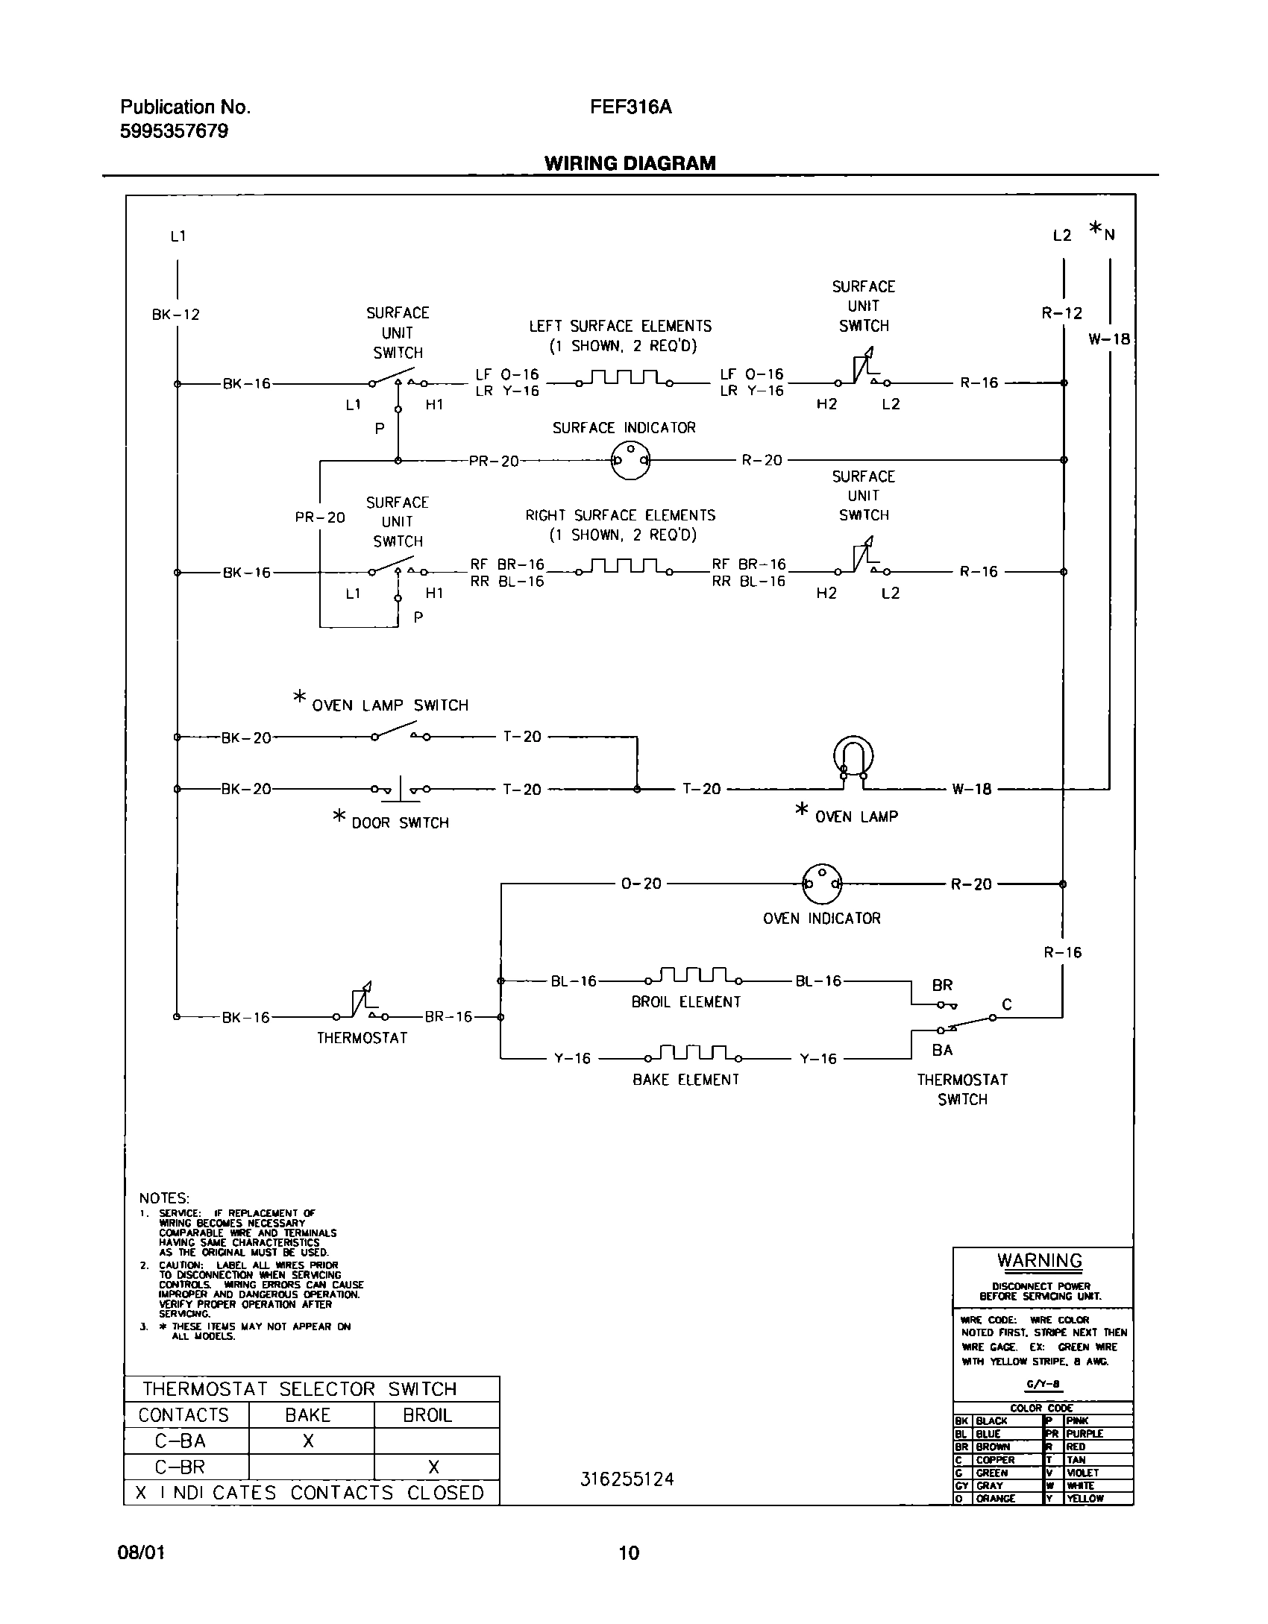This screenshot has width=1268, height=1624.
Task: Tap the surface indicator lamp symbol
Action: (630, 460)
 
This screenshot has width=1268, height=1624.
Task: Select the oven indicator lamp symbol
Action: (821, 884)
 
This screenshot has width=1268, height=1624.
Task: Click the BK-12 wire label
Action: (176, 315)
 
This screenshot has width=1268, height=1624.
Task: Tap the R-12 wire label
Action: (1061, 313)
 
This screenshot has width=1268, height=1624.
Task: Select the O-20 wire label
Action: (641, 884)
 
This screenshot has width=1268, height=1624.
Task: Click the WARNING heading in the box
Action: (1040, 1261)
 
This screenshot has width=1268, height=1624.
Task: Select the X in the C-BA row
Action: (309, 1441)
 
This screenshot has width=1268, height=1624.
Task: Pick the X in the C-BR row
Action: (433, 1467)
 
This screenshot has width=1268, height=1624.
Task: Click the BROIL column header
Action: (427, 1415)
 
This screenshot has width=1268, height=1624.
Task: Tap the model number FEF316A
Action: (630, 107)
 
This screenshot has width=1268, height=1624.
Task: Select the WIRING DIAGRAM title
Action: (630, 163)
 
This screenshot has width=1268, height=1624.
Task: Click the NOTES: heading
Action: (164, 1198)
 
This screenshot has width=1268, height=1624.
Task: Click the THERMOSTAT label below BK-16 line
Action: (362, 1038)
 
